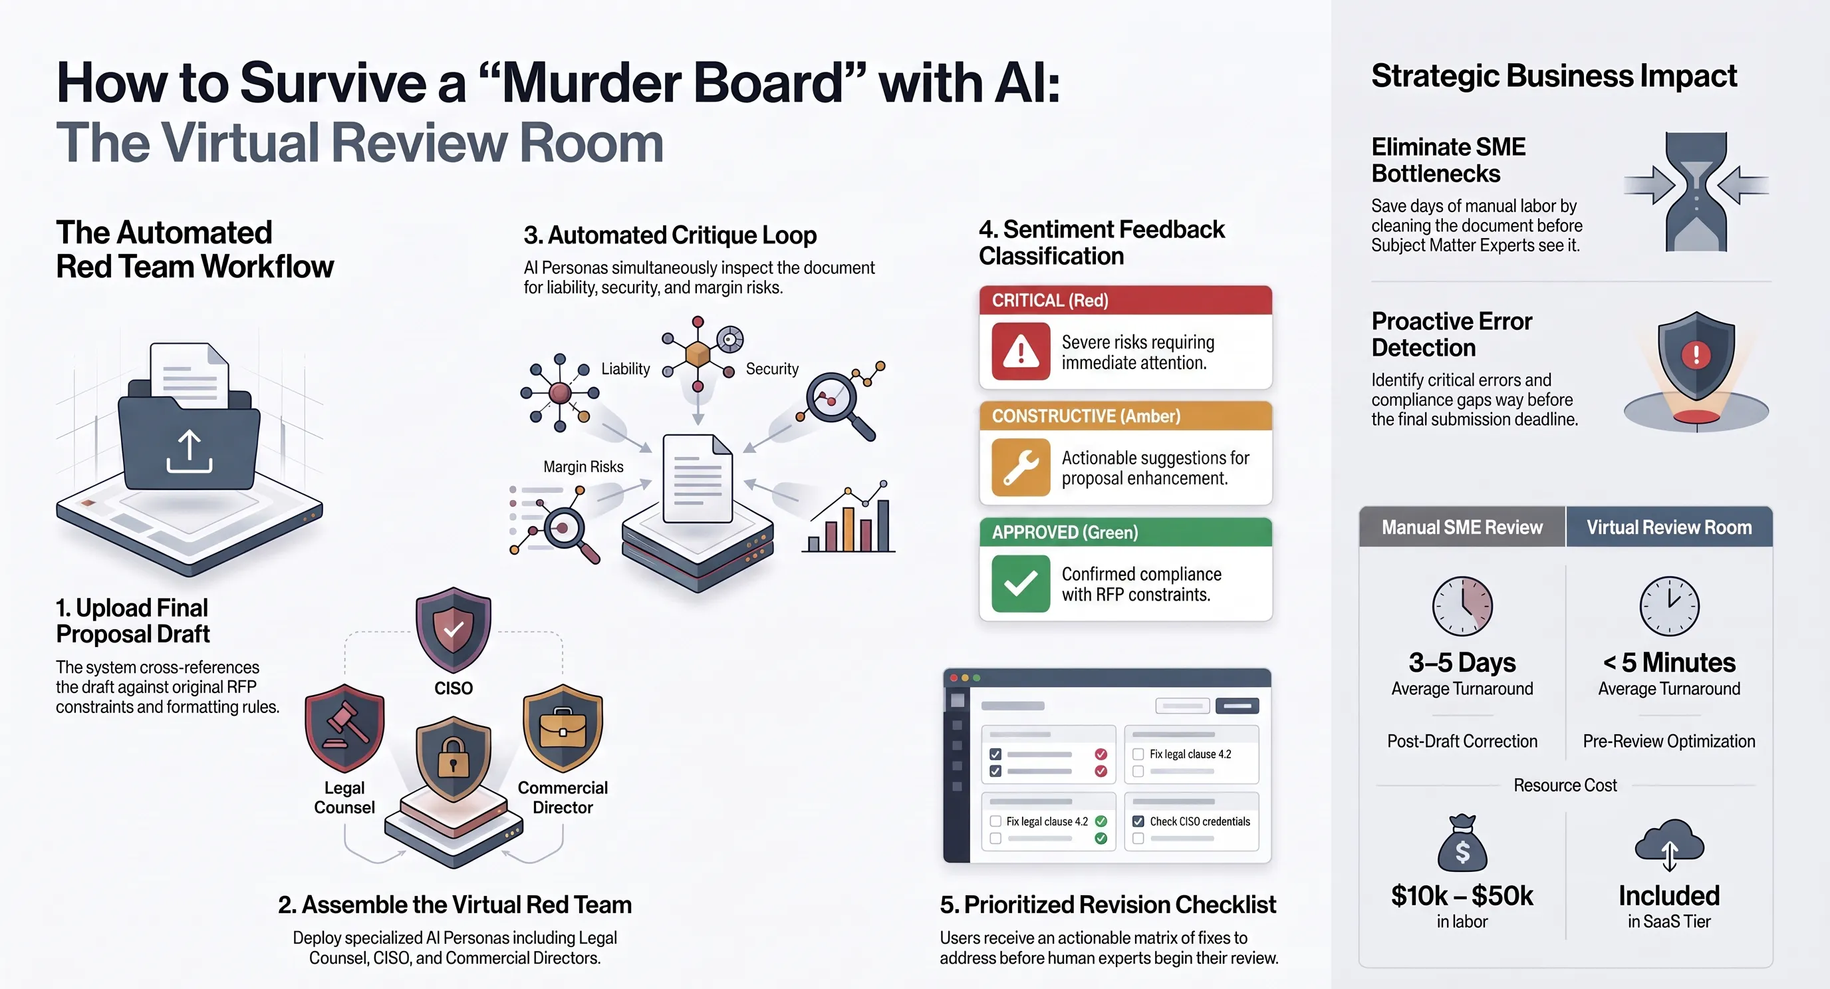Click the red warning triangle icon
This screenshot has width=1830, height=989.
tap(1021, 352)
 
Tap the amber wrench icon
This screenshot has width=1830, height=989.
tap(1021, 468)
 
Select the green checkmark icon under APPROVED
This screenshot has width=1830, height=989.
tap(1021, 583)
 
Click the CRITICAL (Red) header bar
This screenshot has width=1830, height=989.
tap(1125, 301)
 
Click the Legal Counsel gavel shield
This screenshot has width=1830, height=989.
tap(344, 728)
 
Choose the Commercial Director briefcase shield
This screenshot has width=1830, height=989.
tap(563, 728)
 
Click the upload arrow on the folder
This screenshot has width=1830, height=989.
tap(189, 452)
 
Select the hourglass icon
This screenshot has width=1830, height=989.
tap(1696, 192)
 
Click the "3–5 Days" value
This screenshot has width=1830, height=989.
tap(1462, 662)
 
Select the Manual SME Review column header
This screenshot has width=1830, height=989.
tap(1462, 527)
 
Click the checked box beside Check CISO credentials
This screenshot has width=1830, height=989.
tap(1138, 821)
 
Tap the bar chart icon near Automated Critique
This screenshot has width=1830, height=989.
tap(849, 517)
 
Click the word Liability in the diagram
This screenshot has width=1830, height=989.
tap(625, 368)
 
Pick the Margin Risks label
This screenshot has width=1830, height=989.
tap(583, 467)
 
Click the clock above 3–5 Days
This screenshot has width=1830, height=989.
tap(1462, 606)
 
